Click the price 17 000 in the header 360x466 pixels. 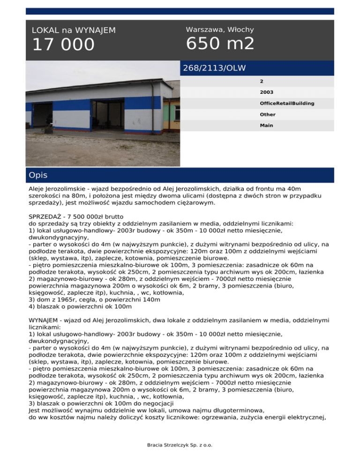tap(63, 45)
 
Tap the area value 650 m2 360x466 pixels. tap(220, 44)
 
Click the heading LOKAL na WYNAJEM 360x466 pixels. tap(74, 30)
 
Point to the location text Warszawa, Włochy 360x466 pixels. tap(220, 30)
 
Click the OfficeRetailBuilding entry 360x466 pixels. tap(287, 103)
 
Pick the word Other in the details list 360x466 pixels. tap(268, 114)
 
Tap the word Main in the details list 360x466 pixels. tap(267, 126)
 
